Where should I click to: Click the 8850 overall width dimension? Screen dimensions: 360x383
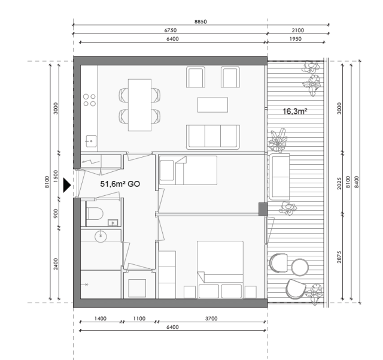[x=200, y=20]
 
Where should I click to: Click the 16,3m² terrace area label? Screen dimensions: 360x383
[x=294, y=111]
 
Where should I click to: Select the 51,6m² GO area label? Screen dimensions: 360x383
[x=119, y=184]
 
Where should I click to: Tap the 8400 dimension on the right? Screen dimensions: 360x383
[x=357, y=181]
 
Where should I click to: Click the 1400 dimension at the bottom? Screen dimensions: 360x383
[x=100, y=319]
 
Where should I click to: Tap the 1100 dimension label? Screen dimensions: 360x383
[x=139, y=319]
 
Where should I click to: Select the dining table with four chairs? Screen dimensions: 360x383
[x=139, y=103]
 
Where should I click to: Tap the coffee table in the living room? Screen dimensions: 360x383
[x=212, y=105]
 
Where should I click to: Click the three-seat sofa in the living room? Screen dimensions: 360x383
[x=213, y=137]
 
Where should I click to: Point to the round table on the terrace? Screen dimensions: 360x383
[x=299, y=266]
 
